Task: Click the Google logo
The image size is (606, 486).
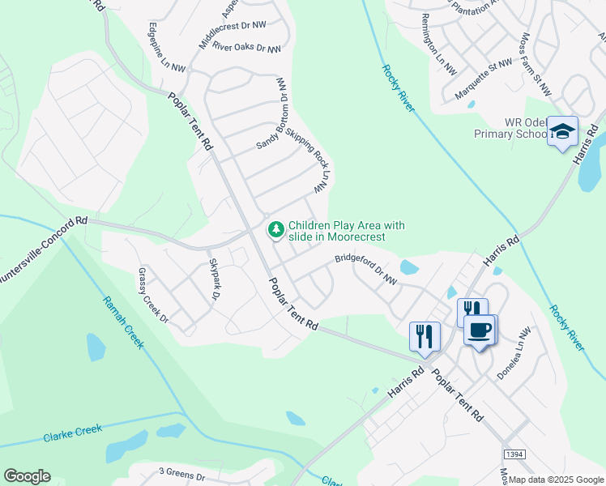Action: (27, 476)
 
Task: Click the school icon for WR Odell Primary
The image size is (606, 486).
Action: (562, 132)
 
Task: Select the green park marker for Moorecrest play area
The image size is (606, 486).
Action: (276, 231)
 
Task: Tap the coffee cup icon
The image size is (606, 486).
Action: (480, 330)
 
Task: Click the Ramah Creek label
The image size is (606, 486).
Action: (122, 322)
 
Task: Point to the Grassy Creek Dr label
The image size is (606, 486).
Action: (152, 296)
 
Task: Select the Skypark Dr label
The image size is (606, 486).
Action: (215, 279)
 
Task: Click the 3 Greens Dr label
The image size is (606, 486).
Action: (181, 471)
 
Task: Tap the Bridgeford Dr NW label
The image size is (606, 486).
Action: (367, 271)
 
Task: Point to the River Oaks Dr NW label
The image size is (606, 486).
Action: (246, 48)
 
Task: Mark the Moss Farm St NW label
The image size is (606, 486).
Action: (536, 62)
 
